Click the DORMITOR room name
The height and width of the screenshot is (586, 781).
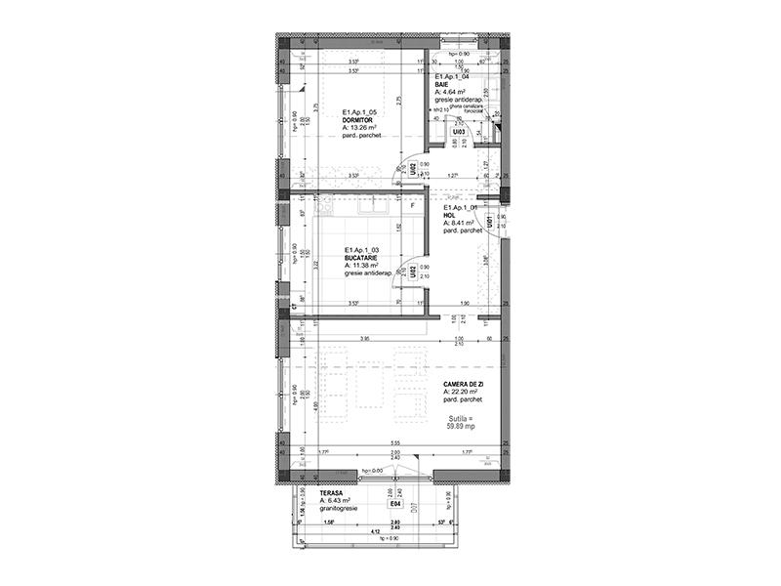(358, 119)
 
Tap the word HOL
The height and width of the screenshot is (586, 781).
(450, 216)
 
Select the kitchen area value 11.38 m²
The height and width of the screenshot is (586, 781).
(369, 267)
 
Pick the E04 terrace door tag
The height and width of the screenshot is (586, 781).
(395, 506)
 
